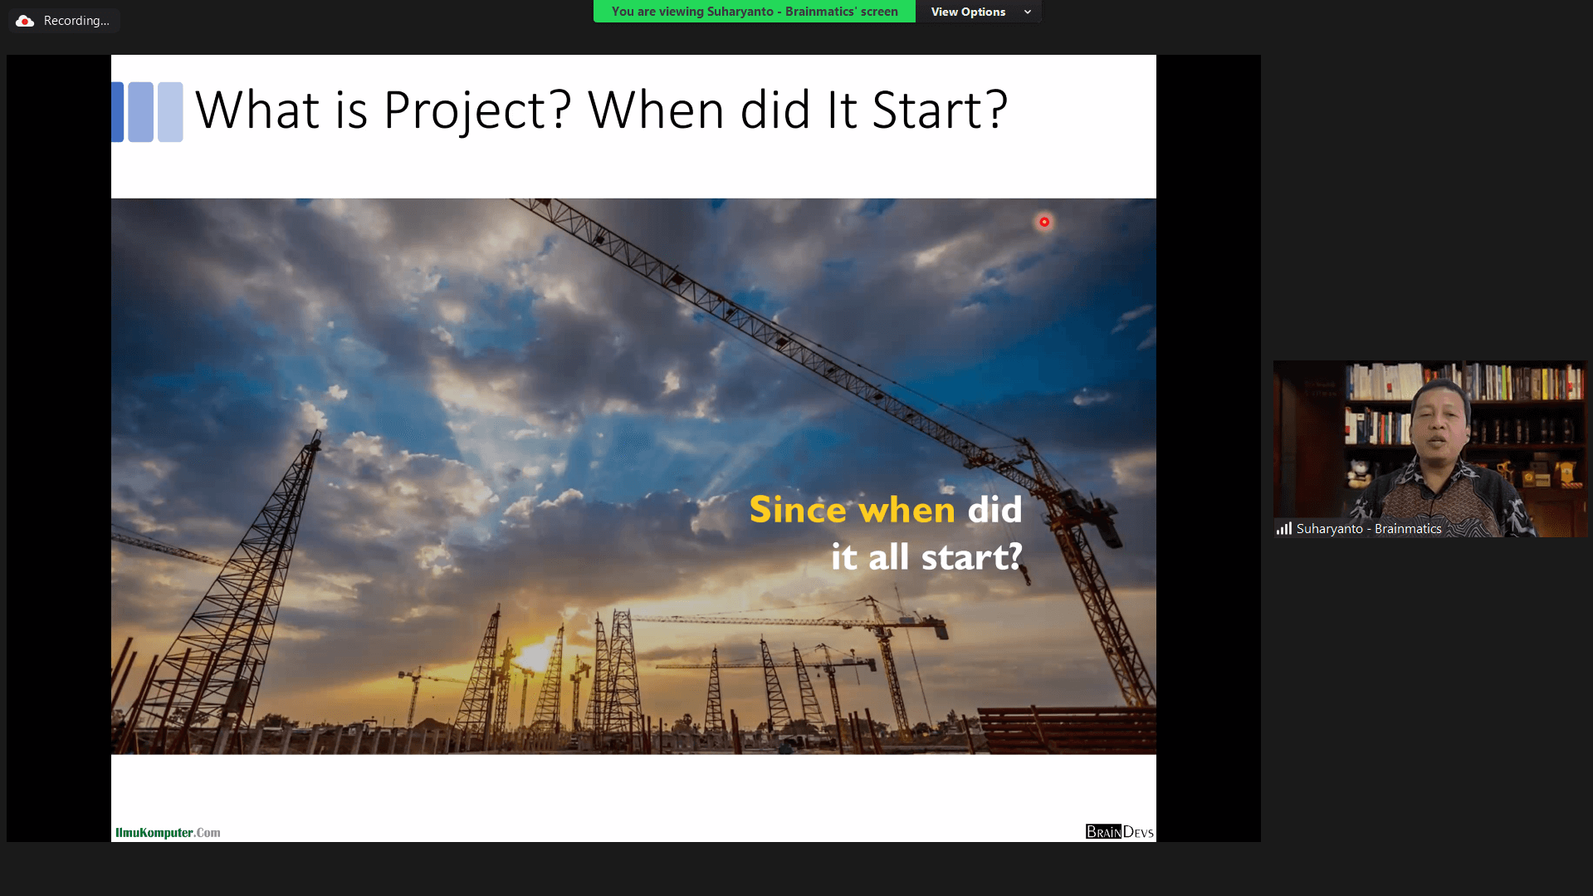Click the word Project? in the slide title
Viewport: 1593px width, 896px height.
pos(477,110)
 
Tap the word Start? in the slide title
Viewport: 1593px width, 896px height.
pos(940,110)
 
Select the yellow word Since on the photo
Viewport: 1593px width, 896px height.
pos(798,509)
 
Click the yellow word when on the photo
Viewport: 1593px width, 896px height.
pos(907,510)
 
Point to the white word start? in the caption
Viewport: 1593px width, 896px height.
pos(972,556)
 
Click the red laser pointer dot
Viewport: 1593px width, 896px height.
pos(1044,222)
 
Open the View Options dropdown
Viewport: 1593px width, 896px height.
pos(979,12)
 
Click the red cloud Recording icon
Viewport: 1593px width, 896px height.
pos(25,21)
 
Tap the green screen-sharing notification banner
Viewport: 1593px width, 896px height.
pos(755,12)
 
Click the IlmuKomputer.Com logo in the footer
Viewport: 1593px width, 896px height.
pos(168,832)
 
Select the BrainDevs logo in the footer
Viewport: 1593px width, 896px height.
pos(1119,831)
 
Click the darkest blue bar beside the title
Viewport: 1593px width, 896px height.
pos(118,112)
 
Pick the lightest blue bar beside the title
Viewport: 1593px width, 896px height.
pos(170,112)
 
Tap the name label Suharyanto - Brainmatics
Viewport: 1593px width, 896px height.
pos(1369,529)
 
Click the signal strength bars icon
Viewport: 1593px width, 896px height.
pos(1284,528)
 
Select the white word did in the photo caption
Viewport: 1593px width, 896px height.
pos(994,509)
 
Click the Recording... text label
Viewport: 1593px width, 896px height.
pos(76,21)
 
